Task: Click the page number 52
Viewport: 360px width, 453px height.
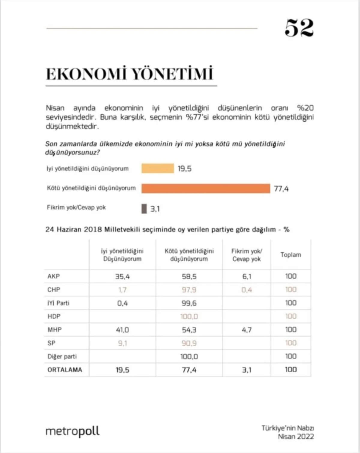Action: [299, 28]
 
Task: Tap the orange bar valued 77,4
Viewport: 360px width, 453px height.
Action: [205, 188]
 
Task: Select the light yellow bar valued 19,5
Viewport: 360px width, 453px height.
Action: [157, 169]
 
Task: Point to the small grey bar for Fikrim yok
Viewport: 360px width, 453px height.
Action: [144, 208]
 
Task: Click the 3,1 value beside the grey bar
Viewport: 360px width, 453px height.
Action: [155, 209]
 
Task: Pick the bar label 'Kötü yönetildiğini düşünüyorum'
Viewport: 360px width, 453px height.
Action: [91, 188]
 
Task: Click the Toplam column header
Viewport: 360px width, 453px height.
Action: [290, 255]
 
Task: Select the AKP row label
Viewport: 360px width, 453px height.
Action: [54, 276]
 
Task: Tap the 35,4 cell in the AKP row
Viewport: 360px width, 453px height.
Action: [122, 276]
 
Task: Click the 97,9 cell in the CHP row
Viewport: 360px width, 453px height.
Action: [189, 290]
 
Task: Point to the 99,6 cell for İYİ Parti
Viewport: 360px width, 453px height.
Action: [189, 303]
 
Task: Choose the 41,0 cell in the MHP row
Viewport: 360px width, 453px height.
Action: [122, 330]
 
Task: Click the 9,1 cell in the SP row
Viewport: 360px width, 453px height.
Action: [122, 343]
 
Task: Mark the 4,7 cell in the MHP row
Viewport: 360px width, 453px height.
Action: [247, 330]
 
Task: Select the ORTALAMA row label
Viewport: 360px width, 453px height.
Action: [64, 370]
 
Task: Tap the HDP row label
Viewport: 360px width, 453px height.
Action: [54, 316]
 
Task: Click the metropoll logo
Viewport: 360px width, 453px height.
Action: [72, 431]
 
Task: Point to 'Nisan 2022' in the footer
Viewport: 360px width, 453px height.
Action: [295, 436]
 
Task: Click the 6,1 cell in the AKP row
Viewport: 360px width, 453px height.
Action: [247, 276]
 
